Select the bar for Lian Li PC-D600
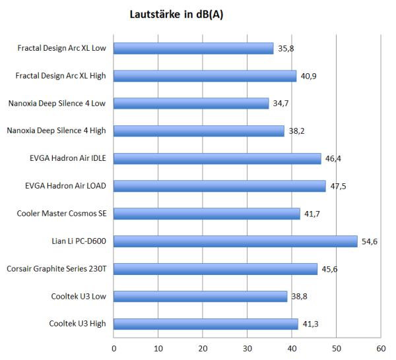236,241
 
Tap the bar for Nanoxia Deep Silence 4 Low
191,104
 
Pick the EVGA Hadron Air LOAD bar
220,186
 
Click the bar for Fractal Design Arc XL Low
193,48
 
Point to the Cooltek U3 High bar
206,324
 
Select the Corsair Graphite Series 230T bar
216,269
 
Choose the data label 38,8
300,297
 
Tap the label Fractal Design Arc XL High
61,76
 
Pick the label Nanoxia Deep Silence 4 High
56,131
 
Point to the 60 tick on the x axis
380,348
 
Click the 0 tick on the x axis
114,348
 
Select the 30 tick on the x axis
247,348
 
